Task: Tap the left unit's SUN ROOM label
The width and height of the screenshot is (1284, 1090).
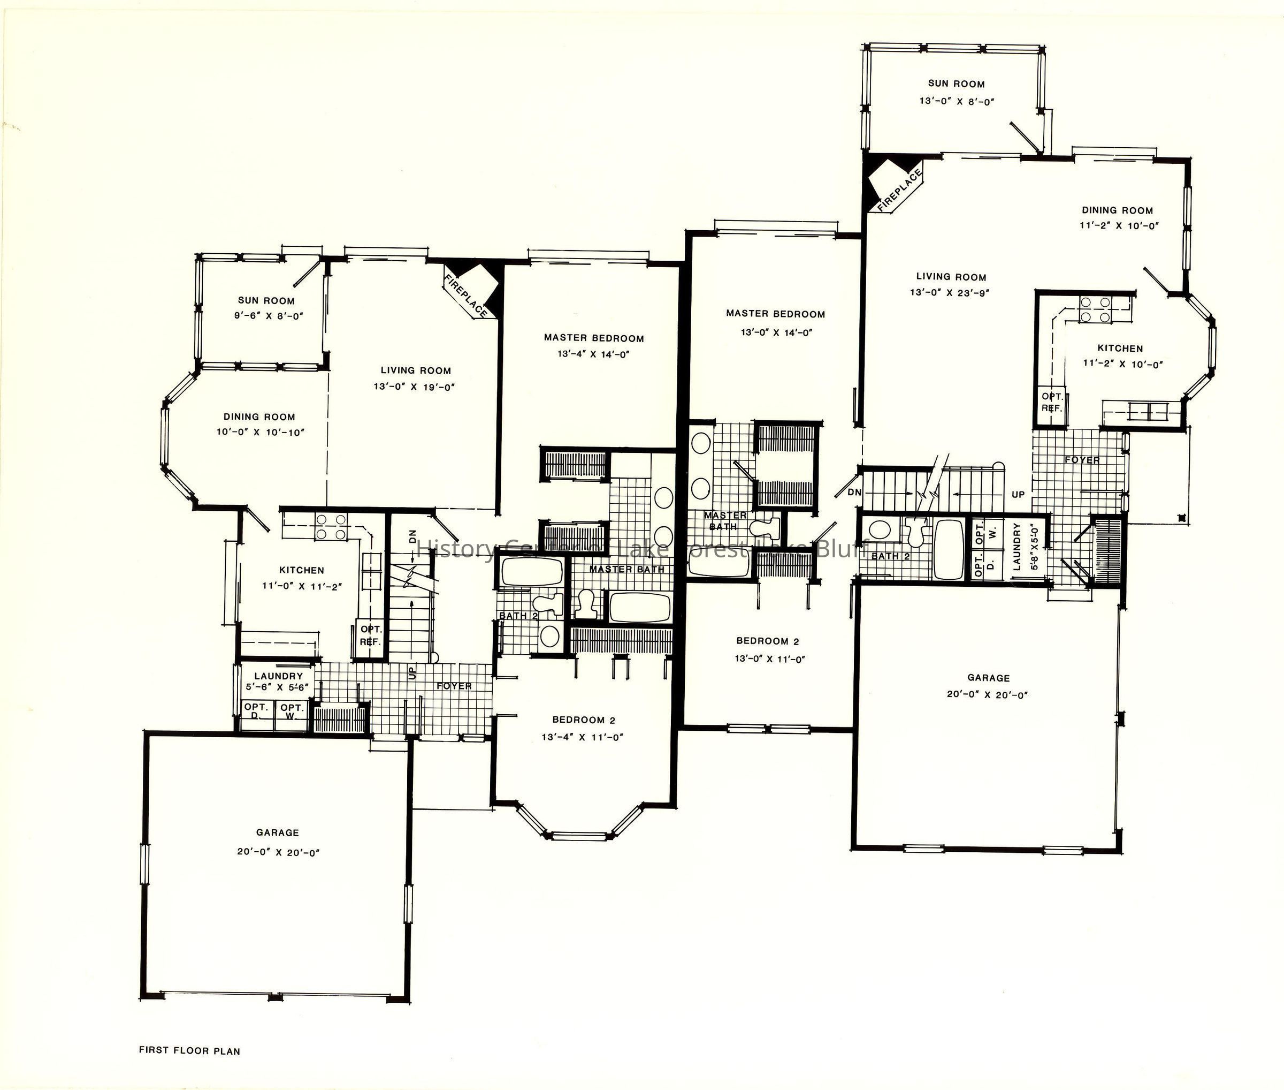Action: point(266,300)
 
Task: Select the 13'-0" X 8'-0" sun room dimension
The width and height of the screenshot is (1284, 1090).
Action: point(957,101)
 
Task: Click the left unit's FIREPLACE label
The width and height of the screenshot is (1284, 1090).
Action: point(465,296)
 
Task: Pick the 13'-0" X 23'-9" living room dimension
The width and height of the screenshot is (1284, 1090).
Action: point(949,292)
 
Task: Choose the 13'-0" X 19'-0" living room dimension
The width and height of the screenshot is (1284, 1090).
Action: point(414,387)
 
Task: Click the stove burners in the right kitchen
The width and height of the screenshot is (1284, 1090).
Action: point(1095,309)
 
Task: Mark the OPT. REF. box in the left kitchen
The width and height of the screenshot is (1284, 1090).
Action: point(371,637)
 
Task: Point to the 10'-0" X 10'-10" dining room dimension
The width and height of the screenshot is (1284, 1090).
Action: point(260,432)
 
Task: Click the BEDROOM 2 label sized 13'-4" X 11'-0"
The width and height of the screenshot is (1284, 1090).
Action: point(584,720)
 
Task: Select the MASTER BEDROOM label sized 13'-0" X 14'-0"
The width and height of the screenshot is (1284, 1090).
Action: point(776,314)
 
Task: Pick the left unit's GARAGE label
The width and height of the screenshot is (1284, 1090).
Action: point(277,832)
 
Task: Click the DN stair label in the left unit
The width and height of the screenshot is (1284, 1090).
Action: point(412,536)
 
